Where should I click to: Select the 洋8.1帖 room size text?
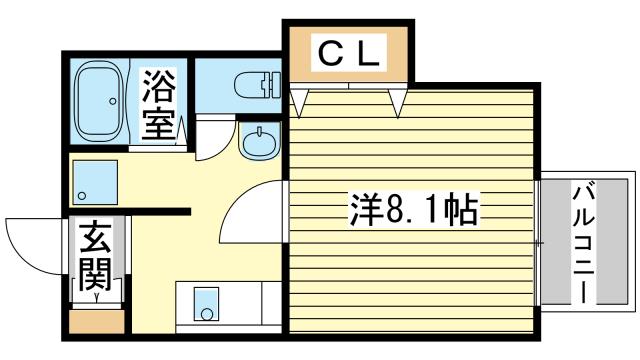(413, 211)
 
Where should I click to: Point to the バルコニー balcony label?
(583, 244)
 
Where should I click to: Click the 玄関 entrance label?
(96, 256)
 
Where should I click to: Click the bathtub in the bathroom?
(99, 101)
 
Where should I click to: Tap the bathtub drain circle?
(113, 101)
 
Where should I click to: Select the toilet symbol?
(258, 85)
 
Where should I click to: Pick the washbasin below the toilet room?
(260, 142)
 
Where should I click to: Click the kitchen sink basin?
(206, 304)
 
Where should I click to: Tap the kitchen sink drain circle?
(207, 314)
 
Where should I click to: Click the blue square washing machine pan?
(96, 182)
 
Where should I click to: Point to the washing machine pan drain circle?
(82, 196)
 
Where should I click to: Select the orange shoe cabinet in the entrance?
(97, 322)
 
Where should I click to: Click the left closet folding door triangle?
(299, 103)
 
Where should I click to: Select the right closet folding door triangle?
(398, 103)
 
